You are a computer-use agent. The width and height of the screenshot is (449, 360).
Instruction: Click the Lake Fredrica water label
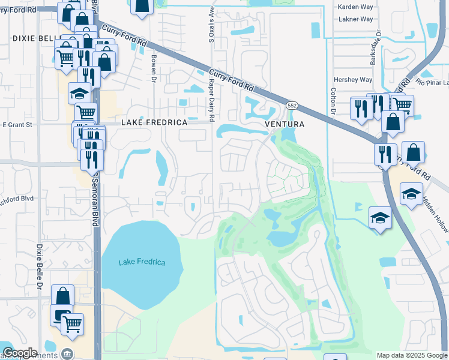tap(142, 262)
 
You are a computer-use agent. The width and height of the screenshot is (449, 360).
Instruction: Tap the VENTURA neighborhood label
tap(286, 124)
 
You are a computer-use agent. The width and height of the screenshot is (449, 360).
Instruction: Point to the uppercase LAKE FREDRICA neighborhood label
tap(155, 122)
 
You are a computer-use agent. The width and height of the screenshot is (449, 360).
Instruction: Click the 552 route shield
tap(292, 105)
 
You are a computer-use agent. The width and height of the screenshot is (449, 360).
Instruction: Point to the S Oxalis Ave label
tap(211, 26)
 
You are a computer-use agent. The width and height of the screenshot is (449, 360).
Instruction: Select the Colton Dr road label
tap(332, 94)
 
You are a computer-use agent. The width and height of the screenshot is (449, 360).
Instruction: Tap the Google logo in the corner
tap(20, 353)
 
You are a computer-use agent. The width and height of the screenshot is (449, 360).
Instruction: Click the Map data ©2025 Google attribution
tap(412, 355)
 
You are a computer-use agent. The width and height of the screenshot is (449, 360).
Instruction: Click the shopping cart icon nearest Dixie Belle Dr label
tap(72, 324)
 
